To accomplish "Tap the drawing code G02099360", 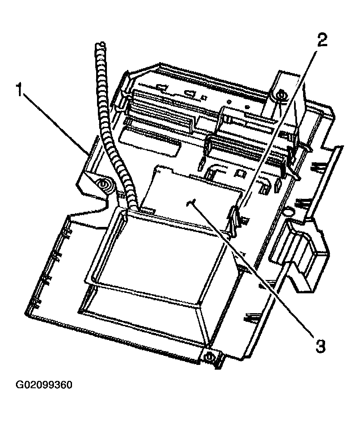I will [44, 384].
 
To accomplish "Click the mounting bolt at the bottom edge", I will [210, 357].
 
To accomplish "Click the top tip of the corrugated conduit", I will [100, 45].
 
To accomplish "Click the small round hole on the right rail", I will [288, 212].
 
